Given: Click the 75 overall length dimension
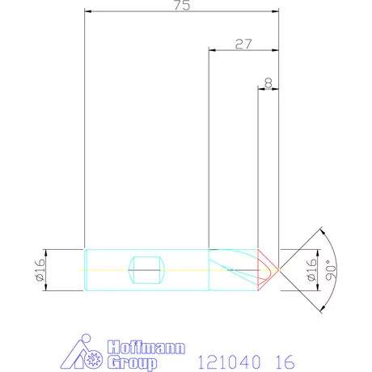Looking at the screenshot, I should click(x=182, y=6).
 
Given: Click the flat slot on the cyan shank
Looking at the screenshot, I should click(x=146, y=268).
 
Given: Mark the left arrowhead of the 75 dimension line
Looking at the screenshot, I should click(x=88, y=12).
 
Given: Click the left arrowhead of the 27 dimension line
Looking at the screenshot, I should click(x=212, y=50).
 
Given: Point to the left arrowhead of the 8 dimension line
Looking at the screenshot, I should click(x=261, y=88).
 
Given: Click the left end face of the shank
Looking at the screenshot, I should click(x=86, y=268).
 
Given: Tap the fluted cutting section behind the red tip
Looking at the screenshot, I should click(x=235, y=268).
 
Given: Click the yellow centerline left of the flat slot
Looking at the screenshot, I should click(x=109, y=268).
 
